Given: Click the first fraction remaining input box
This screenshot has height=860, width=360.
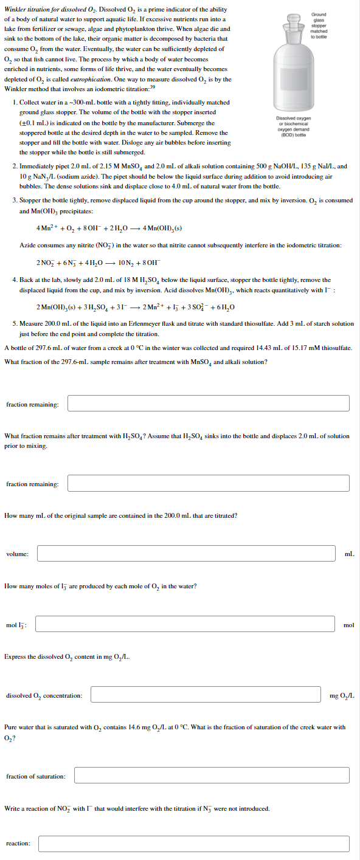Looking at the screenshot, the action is click(208, 404).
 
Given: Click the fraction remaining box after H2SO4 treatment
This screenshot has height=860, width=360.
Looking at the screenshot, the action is click(208, 483).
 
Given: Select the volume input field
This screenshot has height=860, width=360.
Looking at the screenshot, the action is click(186, 553).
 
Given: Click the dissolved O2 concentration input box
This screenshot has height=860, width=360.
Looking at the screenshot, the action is click(206, 695).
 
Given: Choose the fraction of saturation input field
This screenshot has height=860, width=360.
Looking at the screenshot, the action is click(212, 776).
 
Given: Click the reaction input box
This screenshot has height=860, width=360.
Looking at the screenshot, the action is click(193, 844).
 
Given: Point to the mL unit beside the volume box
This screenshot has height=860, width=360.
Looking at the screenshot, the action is click(348, 554).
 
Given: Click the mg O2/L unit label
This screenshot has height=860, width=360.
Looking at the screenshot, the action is click(342, 695).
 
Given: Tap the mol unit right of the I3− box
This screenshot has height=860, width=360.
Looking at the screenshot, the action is click(348, 624).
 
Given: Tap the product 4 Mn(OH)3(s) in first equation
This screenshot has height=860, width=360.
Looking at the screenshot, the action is click(162, 229).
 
